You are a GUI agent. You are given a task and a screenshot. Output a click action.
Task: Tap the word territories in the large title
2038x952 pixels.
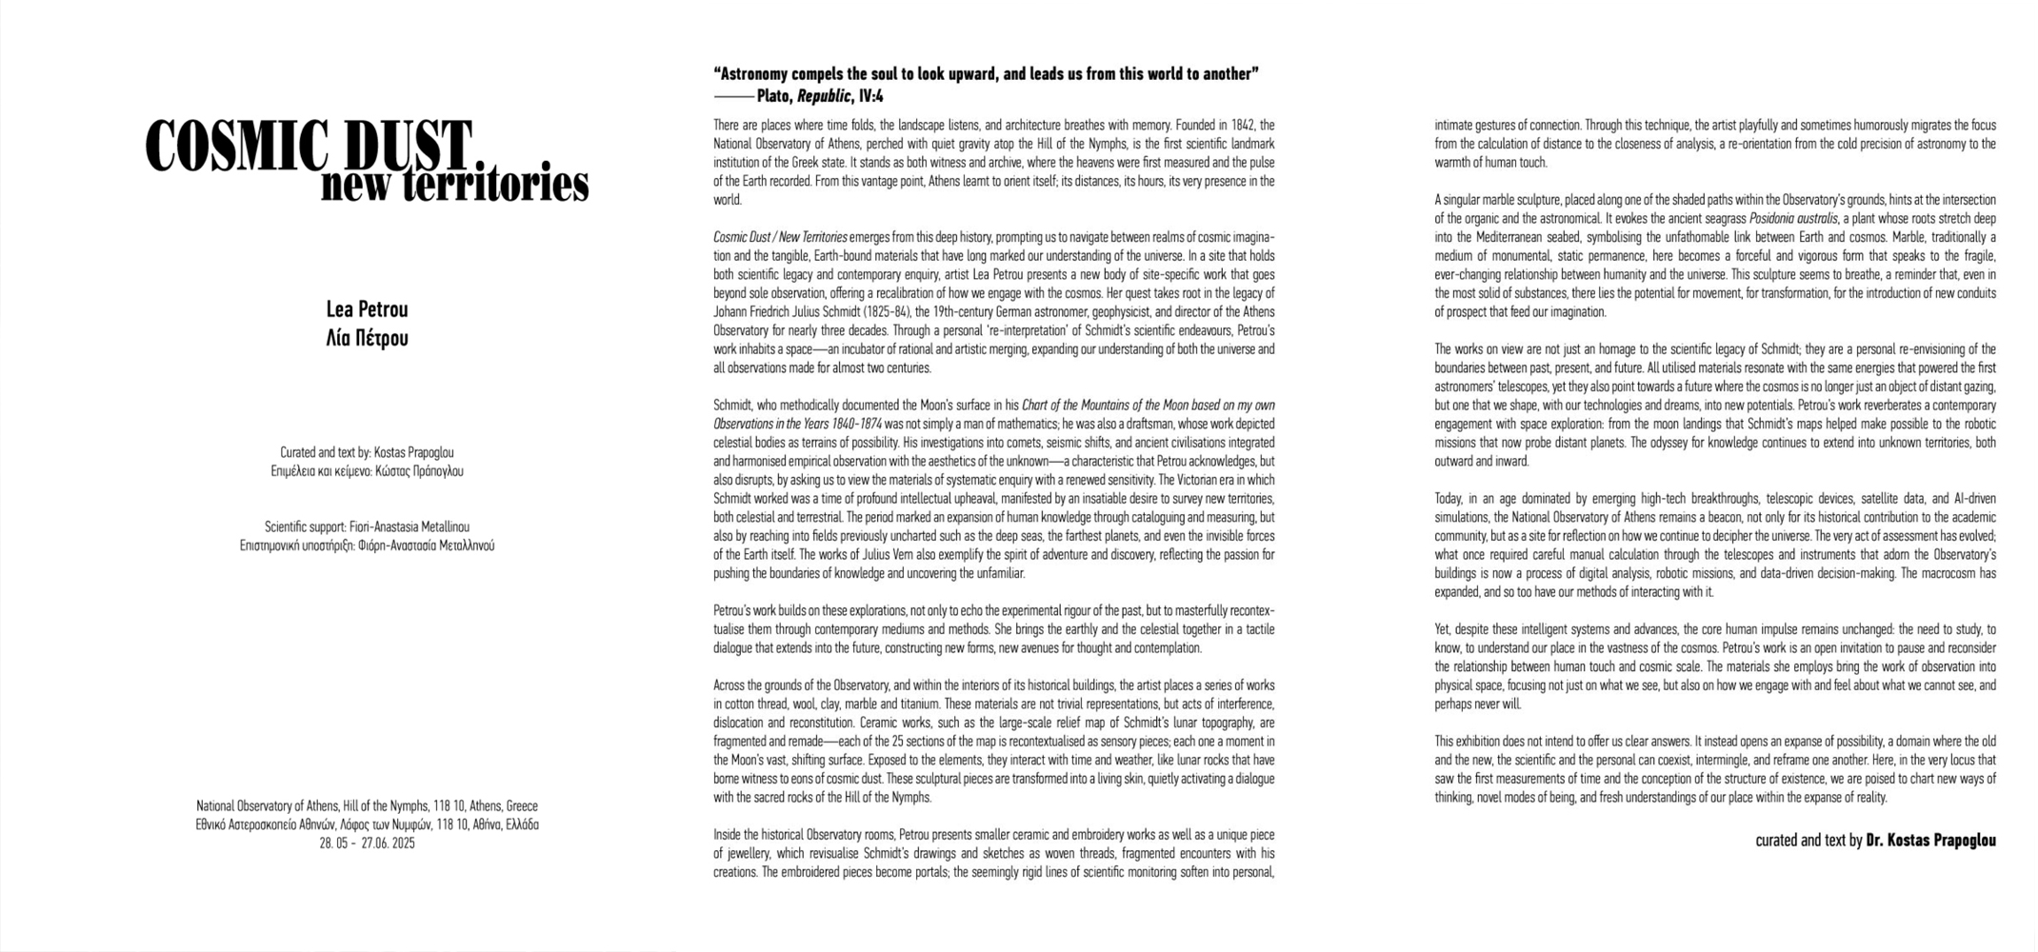[494, 184]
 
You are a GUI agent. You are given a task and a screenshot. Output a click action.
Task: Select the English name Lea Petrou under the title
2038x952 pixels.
[367, 309]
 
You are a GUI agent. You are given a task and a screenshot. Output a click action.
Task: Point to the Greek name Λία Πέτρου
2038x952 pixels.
[367, 338]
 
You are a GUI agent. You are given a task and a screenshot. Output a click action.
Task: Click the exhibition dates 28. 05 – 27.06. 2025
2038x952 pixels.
[367, 843]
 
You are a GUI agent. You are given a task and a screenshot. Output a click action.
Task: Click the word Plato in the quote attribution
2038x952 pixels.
[774, 96]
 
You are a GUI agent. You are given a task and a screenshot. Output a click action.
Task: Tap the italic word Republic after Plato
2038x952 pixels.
[824, 96]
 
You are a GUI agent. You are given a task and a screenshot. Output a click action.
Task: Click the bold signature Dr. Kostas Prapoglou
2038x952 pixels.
[1930, 841]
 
